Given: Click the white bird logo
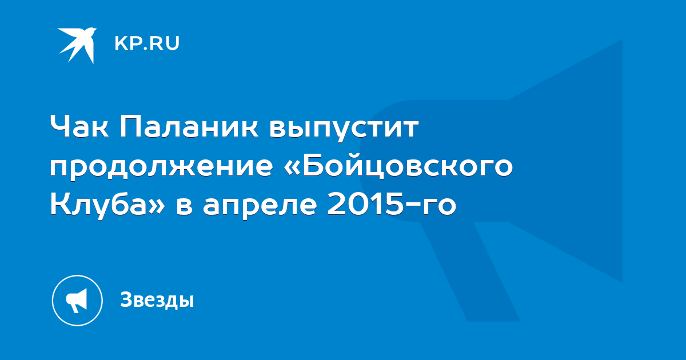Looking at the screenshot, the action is click(x=77, y=45).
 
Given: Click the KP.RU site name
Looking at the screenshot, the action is click(x=147, y=43).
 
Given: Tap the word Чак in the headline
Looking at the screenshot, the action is click(x=79, y=127).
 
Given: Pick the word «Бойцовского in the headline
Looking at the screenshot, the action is click(x=398, y=166).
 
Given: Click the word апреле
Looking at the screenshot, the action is click(x=260, y=206).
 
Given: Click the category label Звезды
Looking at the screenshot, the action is click(x=157, y=300).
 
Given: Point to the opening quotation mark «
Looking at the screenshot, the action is click(x=293, y=168).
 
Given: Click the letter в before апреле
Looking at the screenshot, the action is click(x=184, y=206).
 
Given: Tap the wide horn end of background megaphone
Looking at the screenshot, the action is click(x=566, y=161).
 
